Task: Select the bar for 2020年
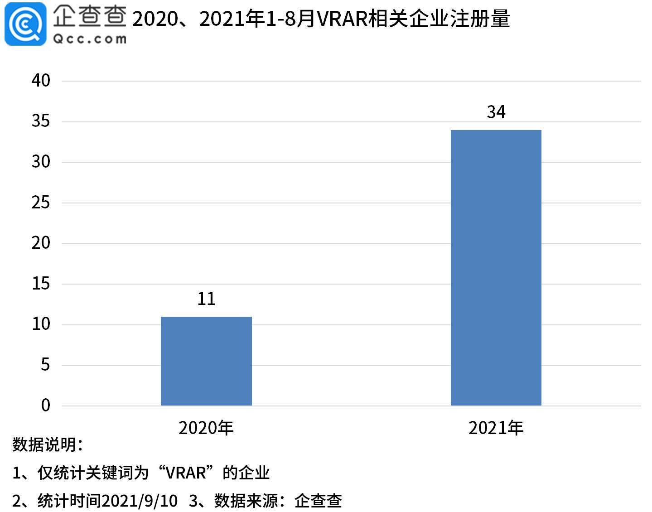pyautogui.click(x=206, y=361)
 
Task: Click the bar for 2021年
pyautogui.click(x=496, y=267)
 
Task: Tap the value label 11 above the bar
pyautogui.click(x=206, y=299)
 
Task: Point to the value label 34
pyautogui.click(x=496, y=112)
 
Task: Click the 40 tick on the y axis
pyautogui.click(x=41, y=81)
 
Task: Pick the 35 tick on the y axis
pyautogui.click(x=41, y=121)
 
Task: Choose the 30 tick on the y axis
pyautogui.click(x=41, y=162)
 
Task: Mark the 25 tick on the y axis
pyautogui.click(x=41, y=203)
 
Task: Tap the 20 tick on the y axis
pyautogui.click(x=41, y=243)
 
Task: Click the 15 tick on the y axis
pyautogui.click(x=41, y=284)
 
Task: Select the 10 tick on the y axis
pyautogui.click(x=41, y=324)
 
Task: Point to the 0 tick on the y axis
pyautogui.click(x=45, y=405)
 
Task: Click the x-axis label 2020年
pyautogui.click(x=206, y=428)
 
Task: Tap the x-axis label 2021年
pyautogui.click(x=496, y=428)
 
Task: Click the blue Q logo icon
pyautogui.click(x=25, y=24)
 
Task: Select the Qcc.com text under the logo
pyautogui.click(x=90, y=39)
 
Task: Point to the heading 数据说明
pyautogui.click(x=48, y=444)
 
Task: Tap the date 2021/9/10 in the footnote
pyautogui.click(x=140, y=501)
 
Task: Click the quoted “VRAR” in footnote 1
pyautogui.click(x=186, y=473)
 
